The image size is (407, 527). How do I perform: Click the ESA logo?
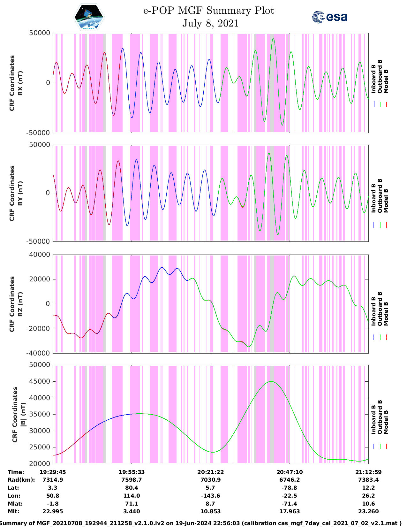(x=330, y=17)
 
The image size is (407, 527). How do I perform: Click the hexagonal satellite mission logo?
(x=89, y=17)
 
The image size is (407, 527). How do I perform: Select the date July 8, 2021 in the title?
(x=210, y=23)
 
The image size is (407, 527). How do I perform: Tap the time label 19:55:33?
(x=132, y=472)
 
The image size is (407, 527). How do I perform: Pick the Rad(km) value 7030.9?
(x=210, y=480)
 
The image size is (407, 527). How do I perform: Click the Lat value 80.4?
(x=132, y=488)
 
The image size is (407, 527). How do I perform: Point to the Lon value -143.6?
(x=210, y=496)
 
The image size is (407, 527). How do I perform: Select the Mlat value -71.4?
(x=290, y=504)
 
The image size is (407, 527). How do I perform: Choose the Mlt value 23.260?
(x=368, y=511)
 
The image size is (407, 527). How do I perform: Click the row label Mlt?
(x=13, y=511)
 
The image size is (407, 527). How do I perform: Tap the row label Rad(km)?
(x=21, y=480)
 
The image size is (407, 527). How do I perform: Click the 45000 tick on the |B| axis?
(x=40, y=381)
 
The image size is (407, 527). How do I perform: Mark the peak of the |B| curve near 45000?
(x=271, y=381)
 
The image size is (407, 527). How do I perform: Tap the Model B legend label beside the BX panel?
(x=386, y=81)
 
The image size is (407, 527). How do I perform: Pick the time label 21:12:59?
(x=368, y=472)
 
